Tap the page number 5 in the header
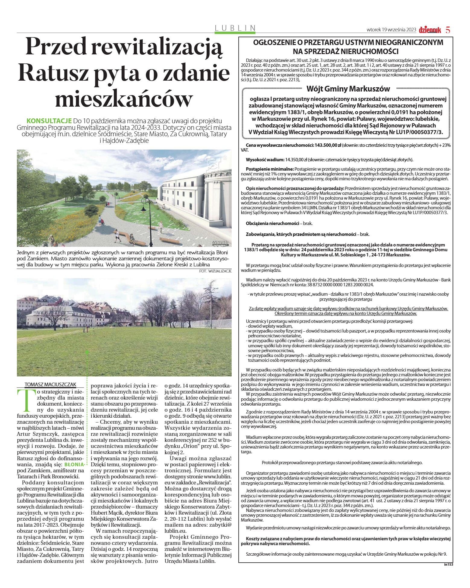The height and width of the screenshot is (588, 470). [448, 30]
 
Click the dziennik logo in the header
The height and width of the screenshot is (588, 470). [430, 30]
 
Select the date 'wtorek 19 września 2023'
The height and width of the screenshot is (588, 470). [391, 30]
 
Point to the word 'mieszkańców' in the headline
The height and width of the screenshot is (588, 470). [124, 98]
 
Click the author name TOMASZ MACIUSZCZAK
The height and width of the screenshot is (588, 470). [50, 384]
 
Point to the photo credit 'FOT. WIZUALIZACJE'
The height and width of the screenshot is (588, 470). [215, 271]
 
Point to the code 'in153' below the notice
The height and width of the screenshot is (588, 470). [449, 564]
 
